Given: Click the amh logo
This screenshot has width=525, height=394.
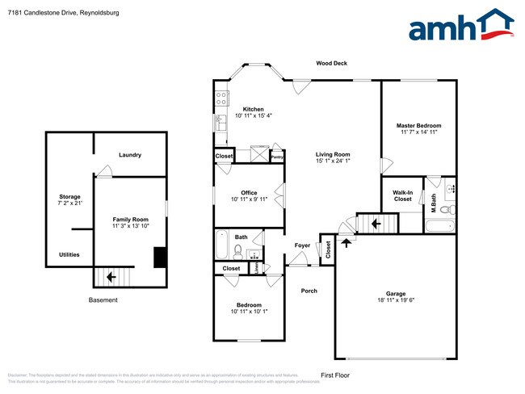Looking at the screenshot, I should click(461, 26).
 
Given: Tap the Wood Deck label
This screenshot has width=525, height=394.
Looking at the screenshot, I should click(331, 63).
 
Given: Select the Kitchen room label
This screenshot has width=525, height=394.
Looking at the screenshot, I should click(253, 109).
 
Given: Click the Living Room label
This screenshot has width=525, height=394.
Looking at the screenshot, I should click(332, 154).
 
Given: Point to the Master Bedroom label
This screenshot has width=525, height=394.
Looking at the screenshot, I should click(418, 126).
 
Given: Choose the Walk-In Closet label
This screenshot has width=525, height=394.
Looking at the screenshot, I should click(402, 195).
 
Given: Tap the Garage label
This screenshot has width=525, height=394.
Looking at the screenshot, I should click(395, 294).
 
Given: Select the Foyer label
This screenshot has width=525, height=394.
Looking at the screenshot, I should click(302, 245).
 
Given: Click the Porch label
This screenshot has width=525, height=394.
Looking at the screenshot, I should click(309, 291).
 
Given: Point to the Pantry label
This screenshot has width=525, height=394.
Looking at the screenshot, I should click(276, 157).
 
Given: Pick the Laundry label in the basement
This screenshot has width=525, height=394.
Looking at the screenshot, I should click(130, 155).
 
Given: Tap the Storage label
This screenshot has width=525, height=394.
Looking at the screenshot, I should click(69, 197).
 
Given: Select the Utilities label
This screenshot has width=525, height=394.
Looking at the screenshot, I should click(69, 254).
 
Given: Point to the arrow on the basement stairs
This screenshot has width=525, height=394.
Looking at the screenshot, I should click(110, 277).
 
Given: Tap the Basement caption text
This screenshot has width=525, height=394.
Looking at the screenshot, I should click(103, 300).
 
